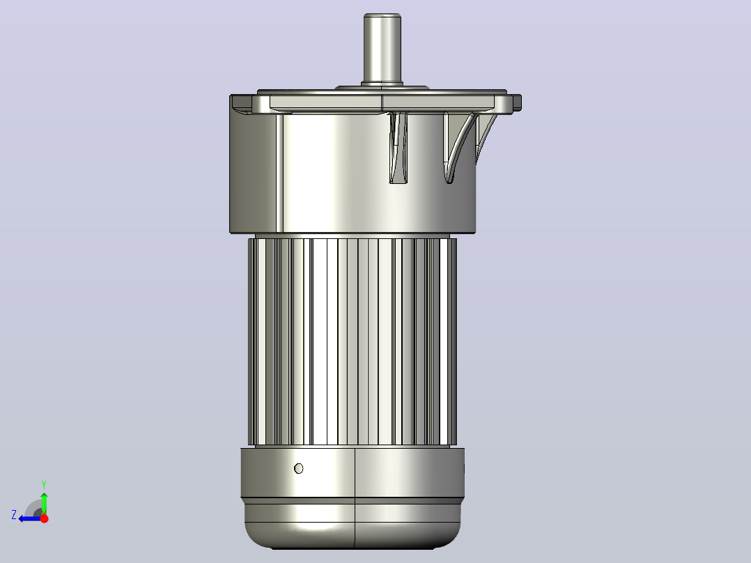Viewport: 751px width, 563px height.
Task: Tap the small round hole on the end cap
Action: point(298,468)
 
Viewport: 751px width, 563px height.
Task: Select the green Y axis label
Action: point(44,484)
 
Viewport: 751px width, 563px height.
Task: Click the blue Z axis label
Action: point(14,515)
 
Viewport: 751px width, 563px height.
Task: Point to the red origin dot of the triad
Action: point(44,518)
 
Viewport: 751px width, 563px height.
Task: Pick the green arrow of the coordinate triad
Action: point(44,503)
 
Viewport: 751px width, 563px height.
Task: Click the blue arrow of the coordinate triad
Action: point(30,518)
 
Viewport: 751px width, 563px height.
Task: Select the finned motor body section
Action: point(352,341)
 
